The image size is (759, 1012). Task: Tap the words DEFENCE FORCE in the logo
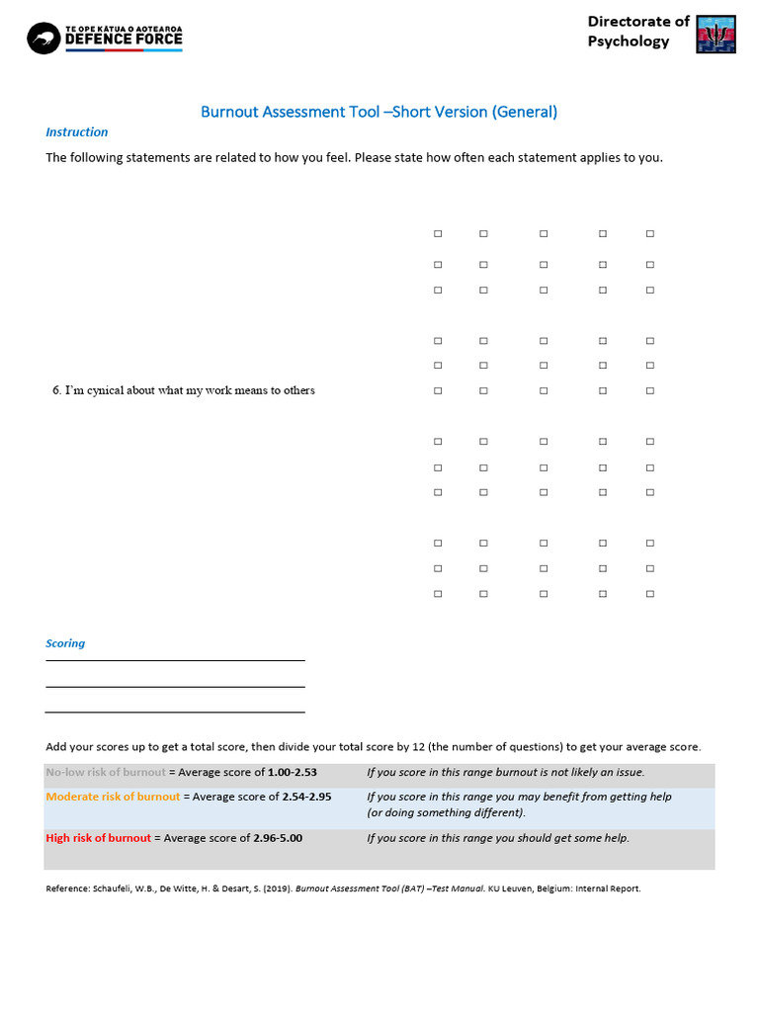click(x=124, y=40)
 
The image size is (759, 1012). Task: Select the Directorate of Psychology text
click(x=638, y=31)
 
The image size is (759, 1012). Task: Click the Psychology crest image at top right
click(x=716, y=34)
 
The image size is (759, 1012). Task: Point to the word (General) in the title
click(x=525, y=112)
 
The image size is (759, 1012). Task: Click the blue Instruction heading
click(x=77, y=132)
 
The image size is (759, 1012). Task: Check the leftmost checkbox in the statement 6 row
click(x=438, y=391)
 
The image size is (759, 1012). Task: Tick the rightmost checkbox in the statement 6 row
click(x=650, y=391)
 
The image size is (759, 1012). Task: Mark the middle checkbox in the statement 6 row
click(x=544, y=391)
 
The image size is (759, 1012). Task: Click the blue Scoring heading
click(x=65, y=643)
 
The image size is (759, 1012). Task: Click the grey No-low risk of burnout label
click(x=106, y=772)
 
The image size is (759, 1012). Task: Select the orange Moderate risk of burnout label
click(x=114, y=797)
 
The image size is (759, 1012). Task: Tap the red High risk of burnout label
click(x=99, y=838)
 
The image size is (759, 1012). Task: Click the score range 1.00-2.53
click(x=293, y=772)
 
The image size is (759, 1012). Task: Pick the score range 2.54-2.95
click(x=306, y=797)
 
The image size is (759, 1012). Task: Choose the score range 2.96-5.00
click(x=278, y=838)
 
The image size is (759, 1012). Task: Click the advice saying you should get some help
click(x=497, y=838)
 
